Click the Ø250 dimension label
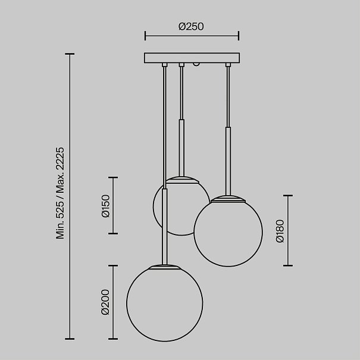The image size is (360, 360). coord(191,26)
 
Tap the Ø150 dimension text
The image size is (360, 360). coord(106,206)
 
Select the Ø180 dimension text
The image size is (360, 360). coord(280,231)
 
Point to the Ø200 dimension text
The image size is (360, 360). coord(105,302)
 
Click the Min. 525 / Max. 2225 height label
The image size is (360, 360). coord(60,193)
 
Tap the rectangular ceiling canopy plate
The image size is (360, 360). coord(192,58)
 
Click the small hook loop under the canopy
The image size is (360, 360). coord(195,64)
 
